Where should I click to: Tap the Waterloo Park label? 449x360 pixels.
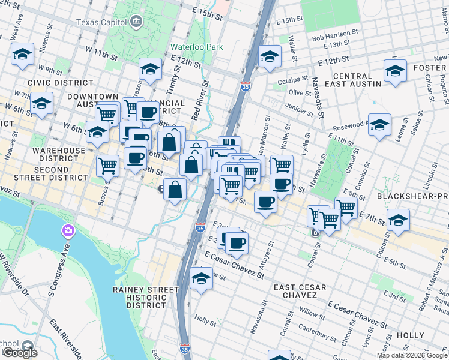pyautogui.click(x=196, y=46)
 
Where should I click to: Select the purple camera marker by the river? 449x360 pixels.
pyautogui.click(x=68, y=230)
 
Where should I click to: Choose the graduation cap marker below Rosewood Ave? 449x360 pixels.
pyautogui.click(x=379, y=125)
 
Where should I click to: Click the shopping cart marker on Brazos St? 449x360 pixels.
pyautogui.click(x=107, y=166)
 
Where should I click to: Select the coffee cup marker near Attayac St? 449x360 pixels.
pyautogui.click(x=265, y=202)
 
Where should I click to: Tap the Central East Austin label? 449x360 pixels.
pyautogui.click(x=352, y=80)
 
